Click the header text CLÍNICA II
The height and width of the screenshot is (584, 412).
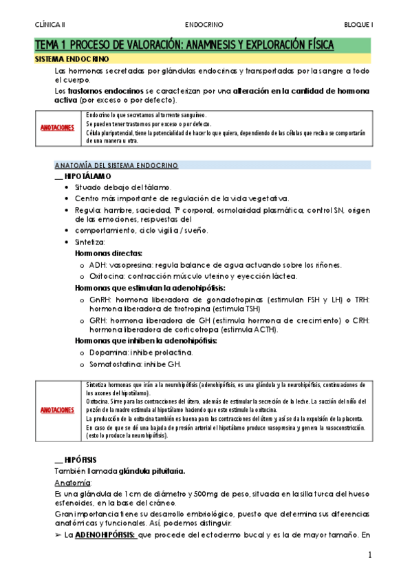click(x=50, y=23)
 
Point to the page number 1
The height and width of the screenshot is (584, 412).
click(x=369, y=555)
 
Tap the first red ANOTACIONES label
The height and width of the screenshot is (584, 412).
click(x=58, y=127)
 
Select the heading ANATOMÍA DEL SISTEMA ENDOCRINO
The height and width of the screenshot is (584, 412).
click(x=116, y=165)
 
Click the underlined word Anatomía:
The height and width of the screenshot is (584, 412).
click(x=72, y=463)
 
